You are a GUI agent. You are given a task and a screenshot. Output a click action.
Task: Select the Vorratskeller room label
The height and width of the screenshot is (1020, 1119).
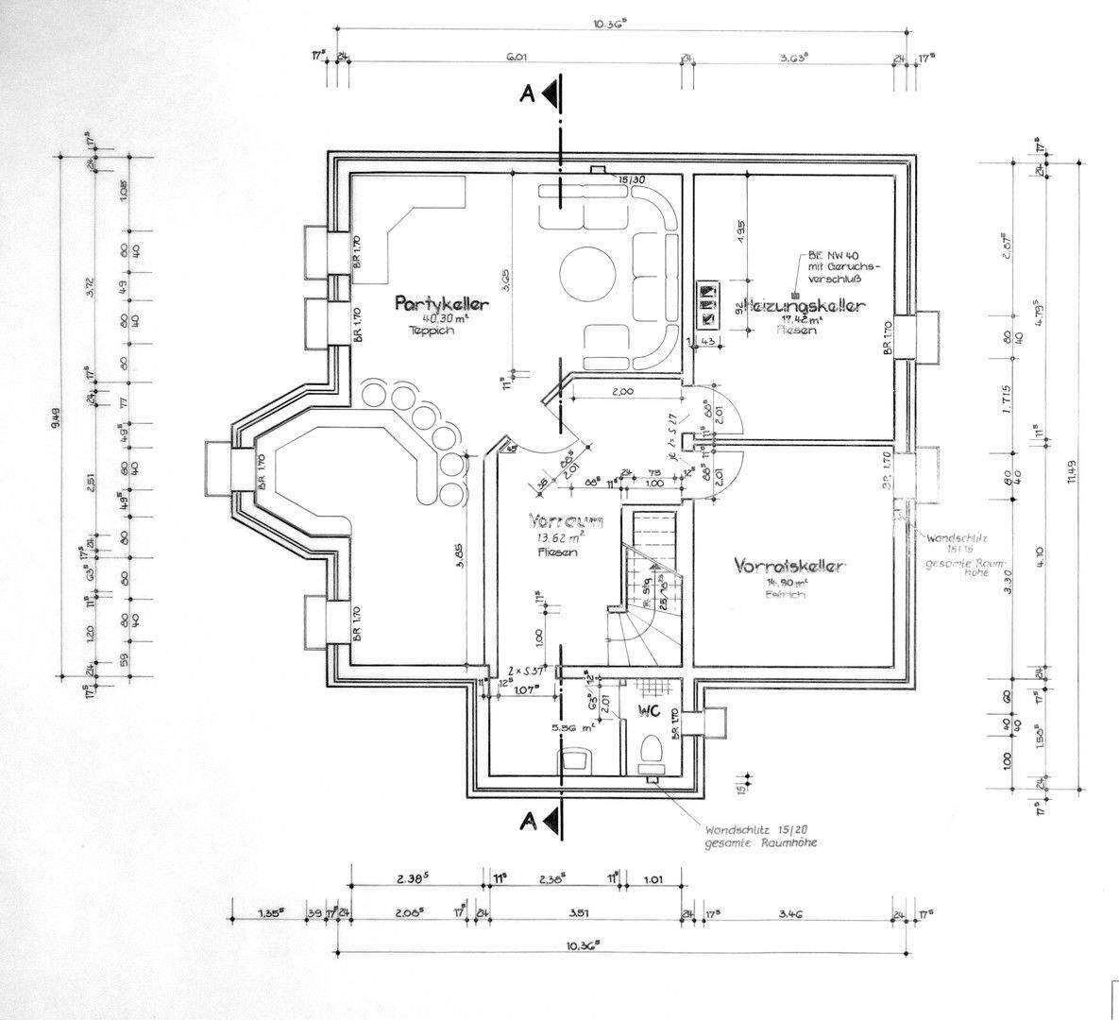point(789,567)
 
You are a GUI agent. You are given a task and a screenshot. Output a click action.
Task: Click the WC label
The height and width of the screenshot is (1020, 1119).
point(649,709)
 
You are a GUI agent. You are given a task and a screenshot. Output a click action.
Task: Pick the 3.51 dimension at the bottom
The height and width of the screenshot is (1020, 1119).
point(580,914)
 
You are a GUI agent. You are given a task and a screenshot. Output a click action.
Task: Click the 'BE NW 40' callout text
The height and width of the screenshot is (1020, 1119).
point(827,255)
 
